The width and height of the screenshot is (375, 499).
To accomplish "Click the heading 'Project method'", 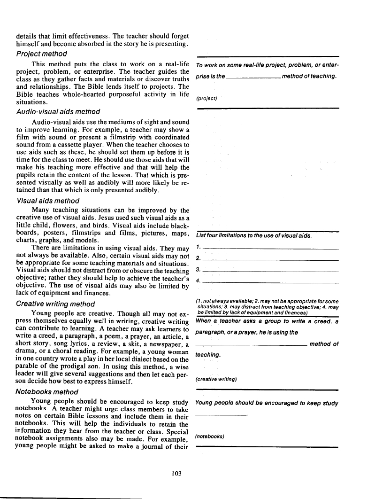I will pyautogui.click(x=42, y=54).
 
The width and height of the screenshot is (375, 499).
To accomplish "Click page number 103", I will pyautogui.click(x=176, y=474).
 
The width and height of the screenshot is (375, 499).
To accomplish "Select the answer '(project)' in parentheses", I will pyautogui.click(x=207, y=99).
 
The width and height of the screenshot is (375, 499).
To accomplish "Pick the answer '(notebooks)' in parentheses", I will pyautogui.click(x=210, y=436).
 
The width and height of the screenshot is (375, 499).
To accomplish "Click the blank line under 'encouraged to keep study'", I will pyautogui.click(x=221, y=415).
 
